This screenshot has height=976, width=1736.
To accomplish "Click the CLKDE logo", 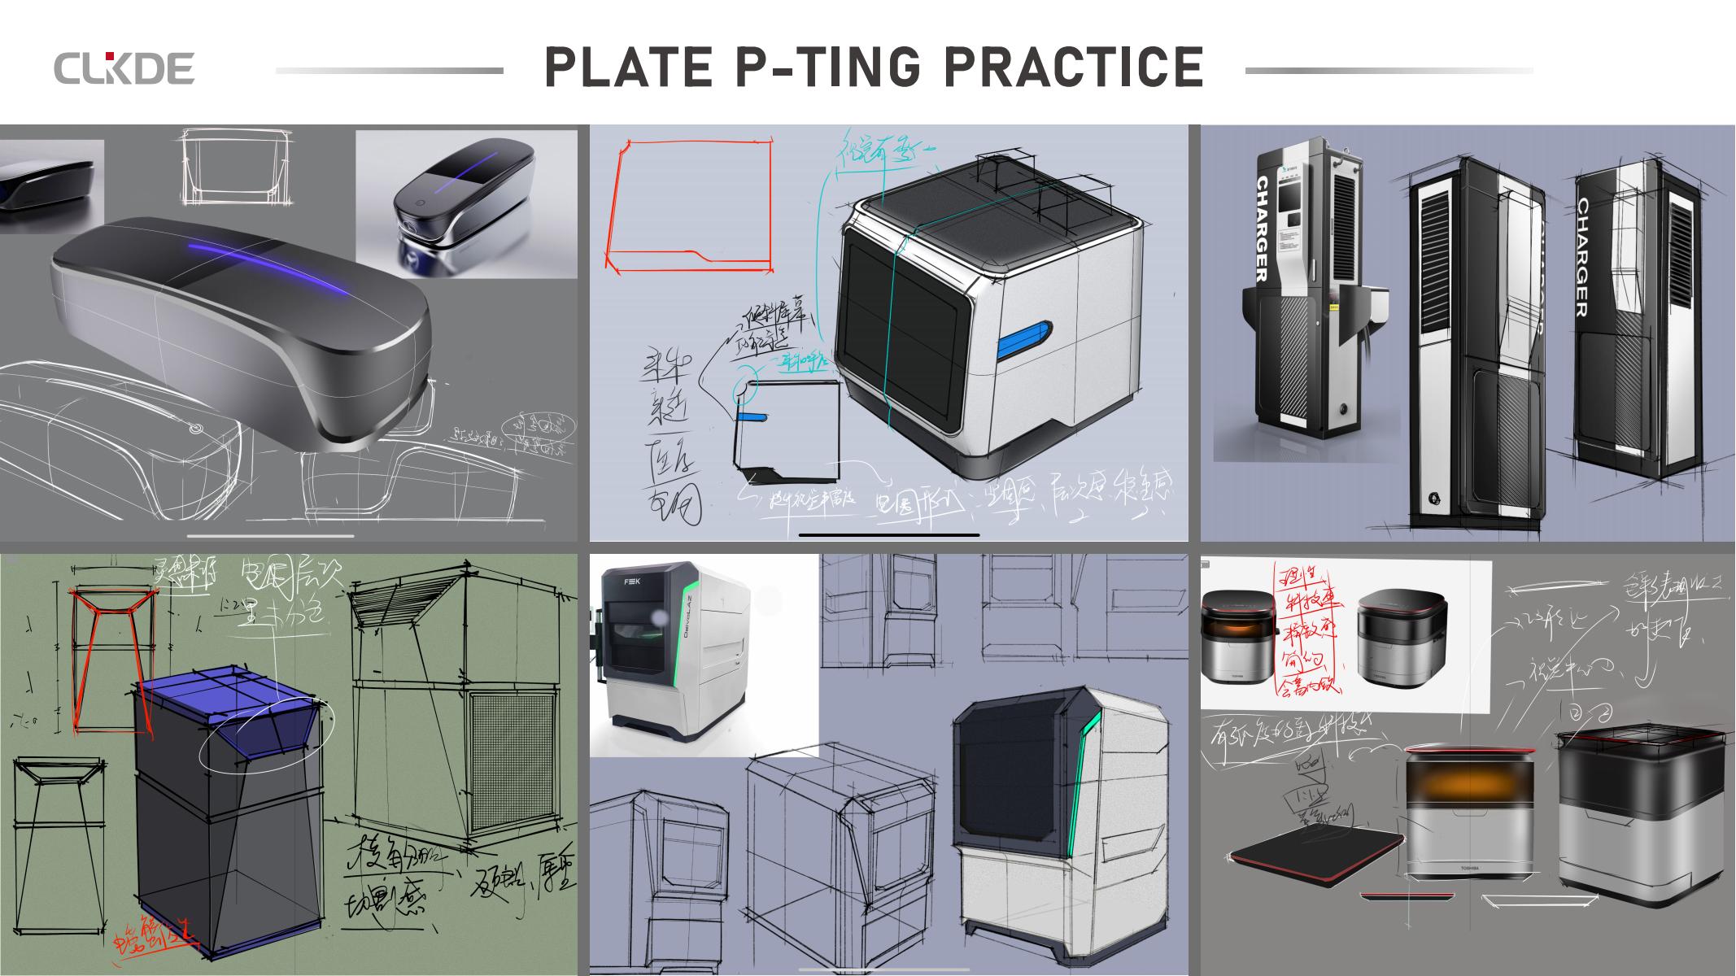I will pos(124,68).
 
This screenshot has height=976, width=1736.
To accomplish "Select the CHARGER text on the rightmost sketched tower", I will pos(1582,257).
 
